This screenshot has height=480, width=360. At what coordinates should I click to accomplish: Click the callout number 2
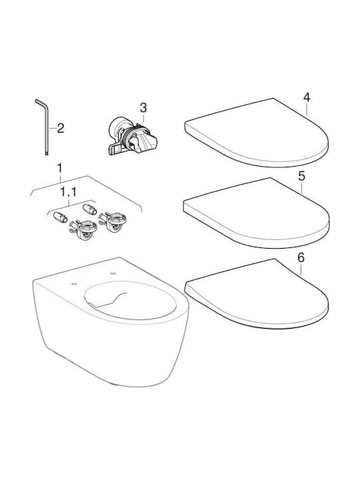coord(61,128)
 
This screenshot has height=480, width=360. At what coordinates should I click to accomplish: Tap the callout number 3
coord(143,108)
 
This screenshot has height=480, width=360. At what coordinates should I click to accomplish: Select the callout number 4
coord(307,97)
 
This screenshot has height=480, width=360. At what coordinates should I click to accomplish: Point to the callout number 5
coord(301,176)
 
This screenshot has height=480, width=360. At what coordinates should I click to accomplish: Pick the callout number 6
coord(301,258)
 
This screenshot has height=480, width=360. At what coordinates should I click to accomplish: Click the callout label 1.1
coord(68,192)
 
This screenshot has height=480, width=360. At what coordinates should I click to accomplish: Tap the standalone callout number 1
coord(60,168)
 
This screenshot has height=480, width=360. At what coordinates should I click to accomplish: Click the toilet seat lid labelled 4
coord(257,133)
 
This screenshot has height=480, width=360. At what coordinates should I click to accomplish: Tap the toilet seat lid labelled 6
coord(257,295)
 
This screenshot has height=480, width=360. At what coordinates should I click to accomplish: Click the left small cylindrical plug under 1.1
coord(60,217)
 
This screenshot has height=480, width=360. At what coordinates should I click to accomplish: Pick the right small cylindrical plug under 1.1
coord(90,209)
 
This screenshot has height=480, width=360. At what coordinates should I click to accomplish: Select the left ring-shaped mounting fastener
coord(83,230)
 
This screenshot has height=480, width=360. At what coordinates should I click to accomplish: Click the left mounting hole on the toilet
coord(74,284)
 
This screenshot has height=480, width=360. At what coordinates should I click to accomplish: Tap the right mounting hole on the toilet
coord(113,272)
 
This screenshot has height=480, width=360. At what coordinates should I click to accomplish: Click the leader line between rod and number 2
coord(53,129)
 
